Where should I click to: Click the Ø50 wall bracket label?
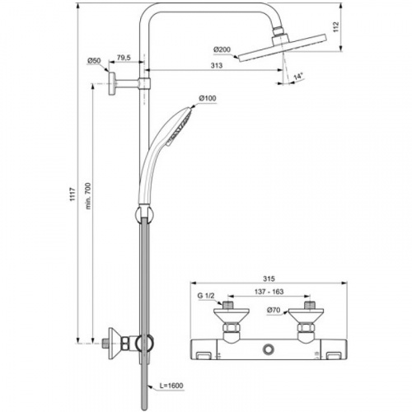(94, 61)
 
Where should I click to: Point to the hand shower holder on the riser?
(143, 216)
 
